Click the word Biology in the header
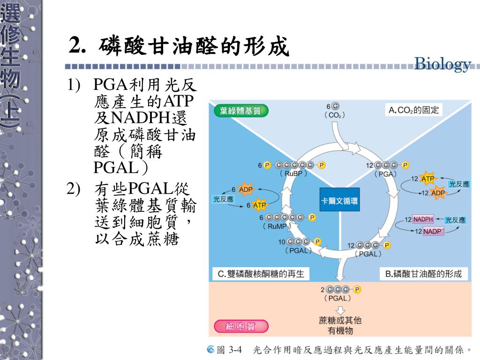(x=442, y=65)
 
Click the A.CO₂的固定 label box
(x=413, y=111)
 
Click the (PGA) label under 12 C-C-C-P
(x=387, y=173)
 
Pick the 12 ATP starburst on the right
(x=427, y=179)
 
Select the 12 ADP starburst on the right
(x=438, y=193)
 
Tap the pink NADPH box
(x=423, y=219)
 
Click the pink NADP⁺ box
(x=433, y=232)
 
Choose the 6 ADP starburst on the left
(x=246, y=189)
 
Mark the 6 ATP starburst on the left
(x=259, y=205)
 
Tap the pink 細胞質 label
(x=241, y=327)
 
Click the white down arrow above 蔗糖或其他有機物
(x=340, y=310)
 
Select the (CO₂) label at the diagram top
(x=334, y=115)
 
